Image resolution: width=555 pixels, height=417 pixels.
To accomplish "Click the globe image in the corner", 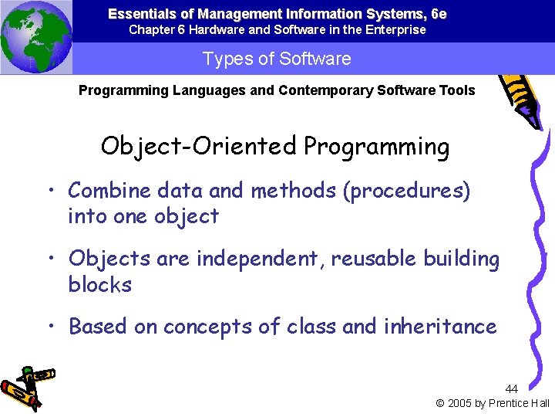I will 36,36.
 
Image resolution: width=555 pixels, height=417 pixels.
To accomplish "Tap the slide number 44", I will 512,389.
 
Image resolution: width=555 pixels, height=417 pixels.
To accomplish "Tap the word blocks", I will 100,285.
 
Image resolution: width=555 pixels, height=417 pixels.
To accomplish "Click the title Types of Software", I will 277,59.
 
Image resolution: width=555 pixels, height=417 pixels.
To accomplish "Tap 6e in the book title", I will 438,14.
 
